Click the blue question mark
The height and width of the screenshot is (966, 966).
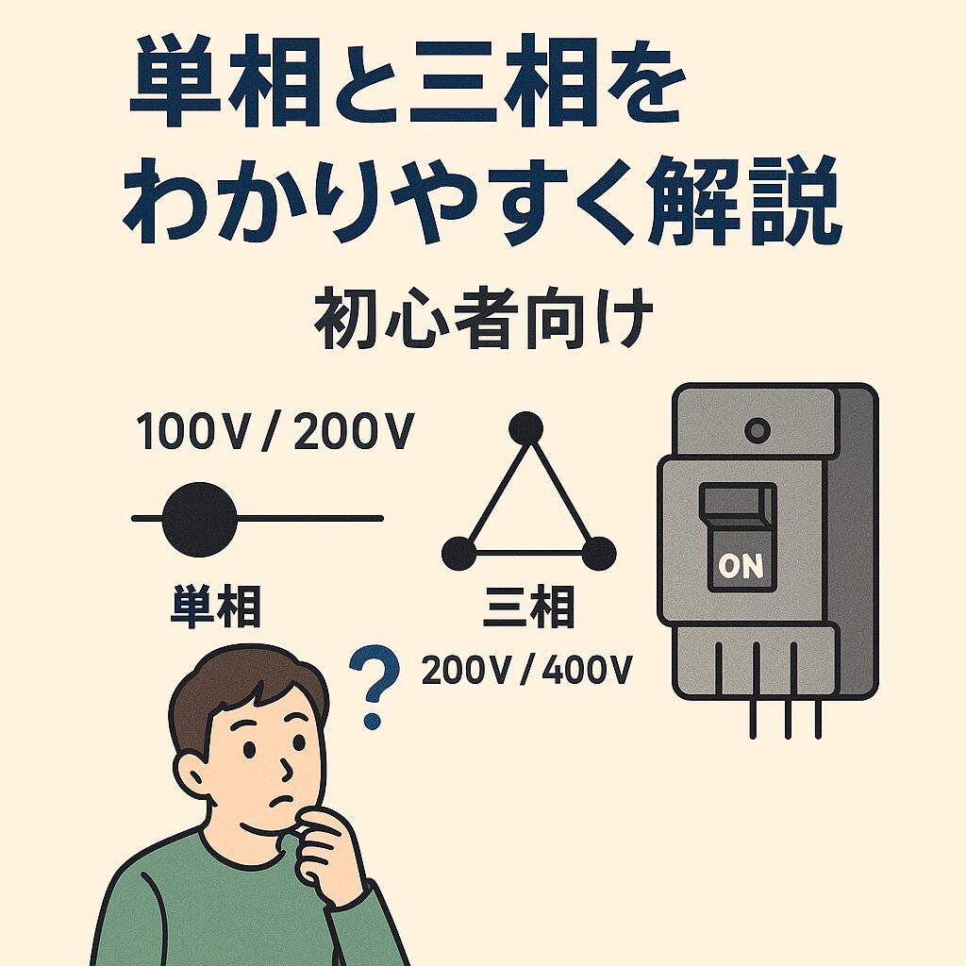374,685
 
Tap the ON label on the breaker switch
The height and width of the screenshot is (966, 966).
741,566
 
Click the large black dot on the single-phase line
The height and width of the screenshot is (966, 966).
200,520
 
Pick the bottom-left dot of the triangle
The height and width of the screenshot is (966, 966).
459,553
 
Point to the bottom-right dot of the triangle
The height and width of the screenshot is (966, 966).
599,553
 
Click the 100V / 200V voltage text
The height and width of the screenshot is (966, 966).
275,432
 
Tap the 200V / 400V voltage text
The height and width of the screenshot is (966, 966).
526,670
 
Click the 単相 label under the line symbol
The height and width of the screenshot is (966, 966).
216,608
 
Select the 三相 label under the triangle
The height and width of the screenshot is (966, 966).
528,608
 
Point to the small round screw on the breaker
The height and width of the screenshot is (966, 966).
758,429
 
